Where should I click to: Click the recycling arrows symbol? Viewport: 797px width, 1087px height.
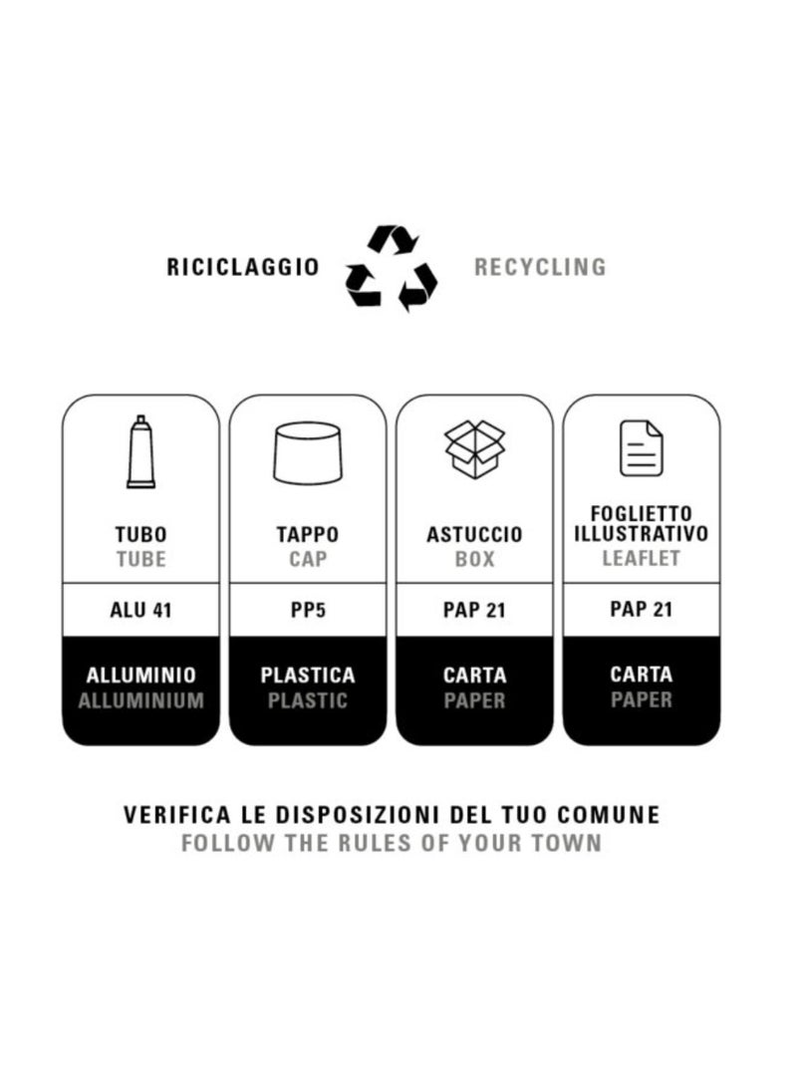[x=392, y=268]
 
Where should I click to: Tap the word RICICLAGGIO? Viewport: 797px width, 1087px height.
[x=242, y=267]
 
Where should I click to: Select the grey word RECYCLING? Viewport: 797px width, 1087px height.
[x=540, y=267]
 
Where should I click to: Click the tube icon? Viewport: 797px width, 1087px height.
[x=140, y=451]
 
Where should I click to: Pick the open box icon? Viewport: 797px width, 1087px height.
[x=475, y=449]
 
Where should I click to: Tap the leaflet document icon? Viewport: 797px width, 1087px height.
[x=641, y=448]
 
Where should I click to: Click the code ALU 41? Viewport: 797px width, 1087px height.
[x=140, y=610]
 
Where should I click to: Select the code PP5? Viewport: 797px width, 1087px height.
[x=308, y=610]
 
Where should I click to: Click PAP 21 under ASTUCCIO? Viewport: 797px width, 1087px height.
[x=475, y=610]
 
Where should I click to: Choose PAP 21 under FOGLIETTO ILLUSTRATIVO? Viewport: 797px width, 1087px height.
[x=641, y=610]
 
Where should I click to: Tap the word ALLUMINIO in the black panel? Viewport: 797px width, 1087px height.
[x=141, y=676]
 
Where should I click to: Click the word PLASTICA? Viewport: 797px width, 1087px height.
[x=308, y=676]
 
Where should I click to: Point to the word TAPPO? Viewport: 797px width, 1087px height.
[x=308, y=534]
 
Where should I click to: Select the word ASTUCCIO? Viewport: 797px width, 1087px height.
[x=475, y=534]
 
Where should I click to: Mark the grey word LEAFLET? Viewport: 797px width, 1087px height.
[x=641, y=558]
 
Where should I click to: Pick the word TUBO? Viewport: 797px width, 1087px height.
[x=140, y=534]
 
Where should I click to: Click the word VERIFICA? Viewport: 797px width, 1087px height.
[x=176, y=814]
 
